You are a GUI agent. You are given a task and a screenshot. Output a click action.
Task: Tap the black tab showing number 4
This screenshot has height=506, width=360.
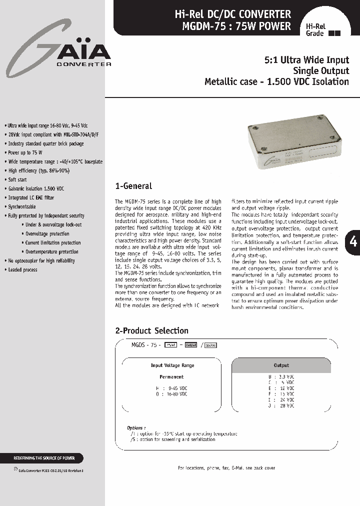coord(353,241)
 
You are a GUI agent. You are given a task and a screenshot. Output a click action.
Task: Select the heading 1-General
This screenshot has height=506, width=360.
coord(133,186)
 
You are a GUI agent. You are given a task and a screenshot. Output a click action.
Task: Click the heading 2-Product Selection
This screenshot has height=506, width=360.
coord(151,330)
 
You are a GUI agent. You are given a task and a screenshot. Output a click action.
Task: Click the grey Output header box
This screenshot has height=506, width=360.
coord(281,365)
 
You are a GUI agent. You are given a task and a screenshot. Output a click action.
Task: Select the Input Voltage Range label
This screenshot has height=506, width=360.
coord(172,365)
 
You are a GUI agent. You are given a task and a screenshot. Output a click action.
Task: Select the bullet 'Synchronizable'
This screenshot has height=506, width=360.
coord(22,206)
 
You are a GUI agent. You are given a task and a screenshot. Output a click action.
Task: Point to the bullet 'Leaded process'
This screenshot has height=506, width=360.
coord(23,269)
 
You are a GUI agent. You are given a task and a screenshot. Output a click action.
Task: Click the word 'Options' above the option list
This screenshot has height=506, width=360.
coord(136,428)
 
